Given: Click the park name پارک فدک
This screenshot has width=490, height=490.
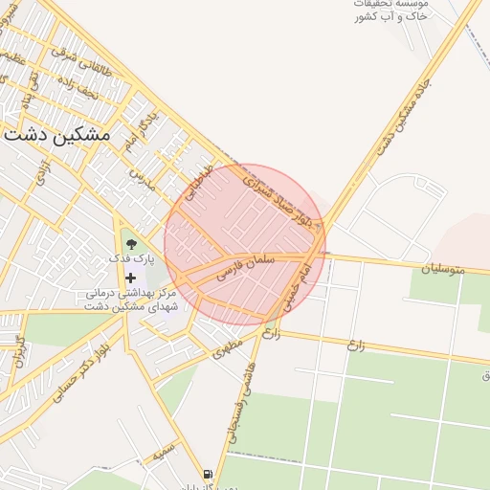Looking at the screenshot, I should click(131, 259).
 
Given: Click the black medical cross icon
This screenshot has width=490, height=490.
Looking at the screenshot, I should click(131, 278).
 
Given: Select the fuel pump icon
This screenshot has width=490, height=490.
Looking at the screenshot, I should click(208, 475).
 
